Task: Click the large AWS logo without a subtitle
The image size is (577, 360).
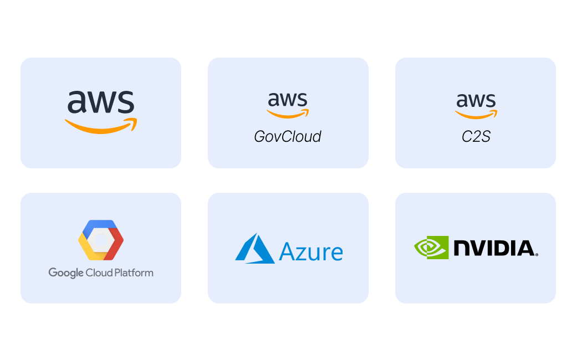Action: pyautogui.click(x=101, y=111)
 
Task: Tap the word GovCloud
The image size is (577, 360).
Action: pyautogui.click(x=288, y=136)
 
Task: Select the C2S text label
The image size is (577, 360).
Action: pyautogui.click(x=476, y=136)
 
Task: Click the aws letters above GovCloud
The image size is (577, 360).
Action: pyautogui.click(x=288, y=100)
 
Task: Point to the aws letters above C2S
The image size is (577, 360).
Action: pyautogui.click(x=476, y=100)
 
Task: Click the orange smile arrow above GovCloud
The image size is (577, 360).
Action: pyautogui.click(x=288, y=114)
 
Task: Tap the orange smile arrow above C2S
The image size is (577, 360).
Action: pyautogui.click(x=476, y=114)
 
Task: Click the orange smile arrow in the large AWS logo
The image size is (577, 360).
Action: pyautogui.click(x=101, y=126)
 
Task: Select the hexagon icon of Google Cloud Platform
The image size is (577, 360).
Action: pyautogui.click(x=101, y=240)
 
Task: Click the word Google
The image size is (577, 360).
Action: pyautogui.click(x=66, y=273)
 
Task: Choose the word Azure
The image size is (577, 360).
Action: pyautogui.click(x=311, y=252)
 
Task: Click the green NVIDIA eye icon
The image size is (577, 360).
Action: pyautogui.click(x=431, y=248)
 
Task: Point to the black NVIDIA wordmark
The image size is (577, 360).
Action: pyautogui.click(x=495, y=248)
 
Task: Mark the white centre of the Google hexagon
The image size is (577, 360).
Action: pyautogui.click(x=101, y=240)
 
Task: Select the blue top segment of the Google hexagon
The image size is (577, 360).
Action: pyautogui.click(x=101, y=225)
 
